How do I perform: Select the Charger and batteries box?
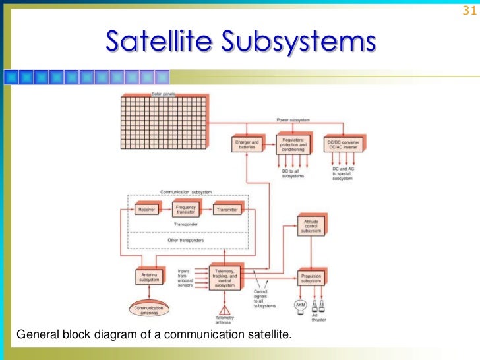[247, 144]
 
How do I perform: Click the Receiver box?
[146, 210]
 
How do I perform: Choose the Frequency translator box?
[187, 209]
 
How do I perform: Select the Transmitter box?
[228, 210]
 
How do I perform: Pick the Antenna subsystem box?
[148, 278]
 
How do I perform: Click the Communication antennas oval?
[148, 309]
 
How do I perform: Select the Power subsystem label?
[293, 120]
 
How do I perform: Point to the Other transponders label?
[187, 241]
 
